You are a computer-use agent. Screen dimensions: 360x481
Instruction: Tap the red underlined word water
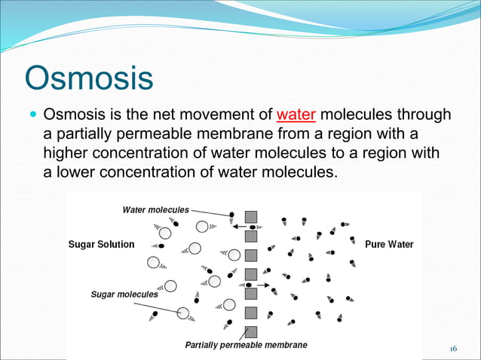click(296, 115)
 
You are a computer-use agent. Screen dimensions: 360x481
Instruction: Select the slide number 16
click(453, 348)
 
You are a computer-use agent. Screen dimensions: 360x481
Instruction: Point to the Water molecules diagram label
click(157, 209)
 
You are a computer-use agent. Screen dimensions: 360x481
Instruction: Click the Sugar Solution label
click(102, 244)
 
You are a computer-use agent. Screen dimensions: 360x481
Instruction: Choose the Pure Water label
click(389, 244)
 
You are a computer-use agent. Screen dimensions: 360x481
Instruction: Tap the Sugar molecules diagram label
click(124, 294)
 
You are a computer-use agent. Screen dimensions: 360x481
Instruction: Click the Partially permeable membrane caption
click(247, 345)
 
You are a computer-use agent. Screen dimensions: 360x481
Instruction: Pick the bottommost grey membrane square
click(252, 331)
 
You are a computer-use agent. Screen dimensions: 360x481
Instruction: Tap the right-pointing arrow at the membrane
click(261, 285)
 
